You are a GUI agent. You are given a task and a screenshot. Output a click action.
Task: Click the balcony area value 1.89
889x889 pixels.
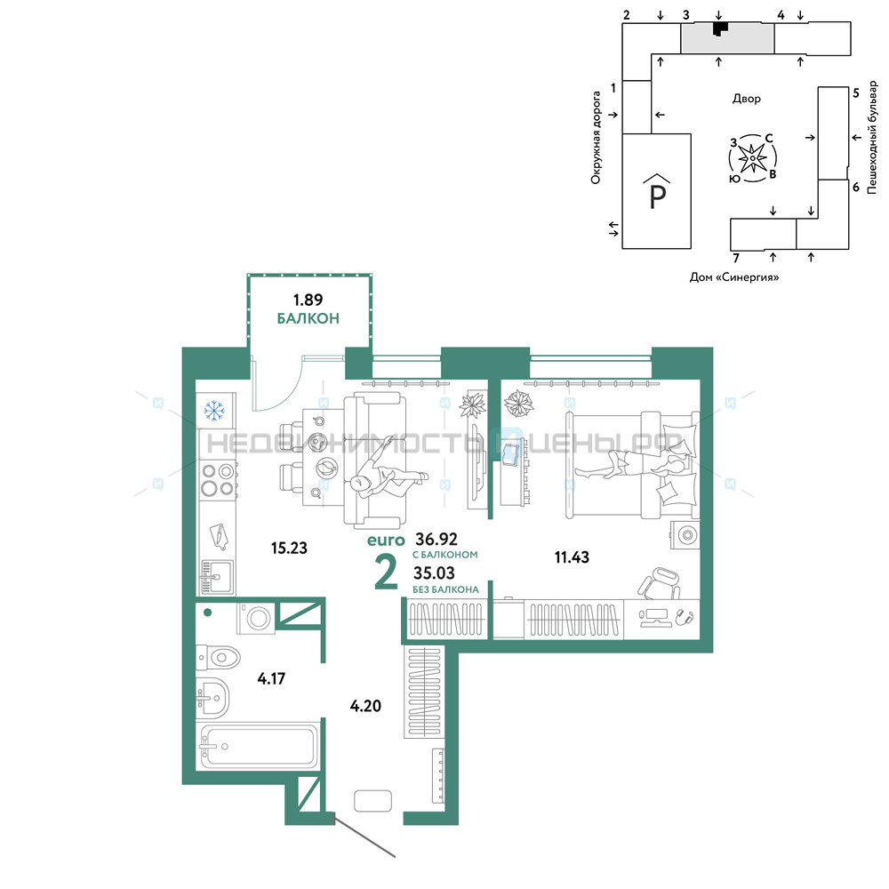coord(308,300)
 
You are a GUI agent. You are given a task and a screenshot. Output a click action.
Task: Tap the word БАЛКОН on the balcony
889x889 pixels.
coord(308,318)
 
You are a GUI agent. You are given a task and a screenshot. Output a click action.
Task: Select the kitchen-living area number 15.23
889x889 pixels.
coord(289,548)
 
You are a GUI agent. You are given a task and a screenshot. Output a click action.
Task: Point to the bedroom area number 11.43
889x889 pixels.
coord(572,557)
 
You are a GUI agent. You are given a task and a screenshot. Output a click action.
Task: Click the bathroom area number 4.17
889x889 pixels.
coord(271,678)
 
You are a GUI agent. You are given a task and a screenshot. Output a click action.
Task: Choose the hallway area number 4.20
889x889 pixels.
coord(365,706)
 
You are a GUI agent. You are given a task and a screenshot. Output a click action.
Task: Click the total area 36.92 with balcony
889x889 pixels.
coord(436,539)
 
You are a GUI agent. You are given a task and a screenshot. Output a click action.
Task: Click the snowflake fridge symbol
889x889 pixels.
coord(213,411)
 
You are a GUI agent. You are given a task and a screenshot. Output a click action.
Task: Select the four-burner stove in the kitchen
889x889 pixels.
coord(219,480)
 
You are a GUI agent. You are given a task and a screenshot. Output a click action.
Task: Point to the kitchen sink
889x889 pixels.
coord(217,577)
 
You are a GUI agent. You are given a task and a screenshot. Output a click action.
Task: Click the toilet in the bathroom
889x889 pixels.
coord(219,658)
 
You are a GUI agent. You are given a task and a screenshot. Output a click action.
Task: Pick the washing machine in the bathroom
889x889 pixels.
coord(256,618)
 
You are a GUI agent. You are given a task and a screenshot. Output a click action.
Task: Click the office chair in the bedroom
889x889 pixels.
coord(659,582)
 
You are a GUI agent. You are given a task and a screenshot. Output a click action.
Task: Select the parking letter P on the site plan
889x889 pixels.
coord(657,196)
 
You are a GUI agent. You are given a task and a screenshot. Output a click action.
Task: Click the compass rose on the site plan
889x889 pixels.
coord(752,158)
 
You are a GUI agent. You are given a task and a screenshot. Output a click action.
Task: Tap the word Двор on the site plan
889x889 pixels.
coord(747,99)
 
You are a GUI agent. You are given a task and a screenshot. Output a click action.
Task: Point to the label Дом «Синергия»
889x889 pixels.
coord(734,277)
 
